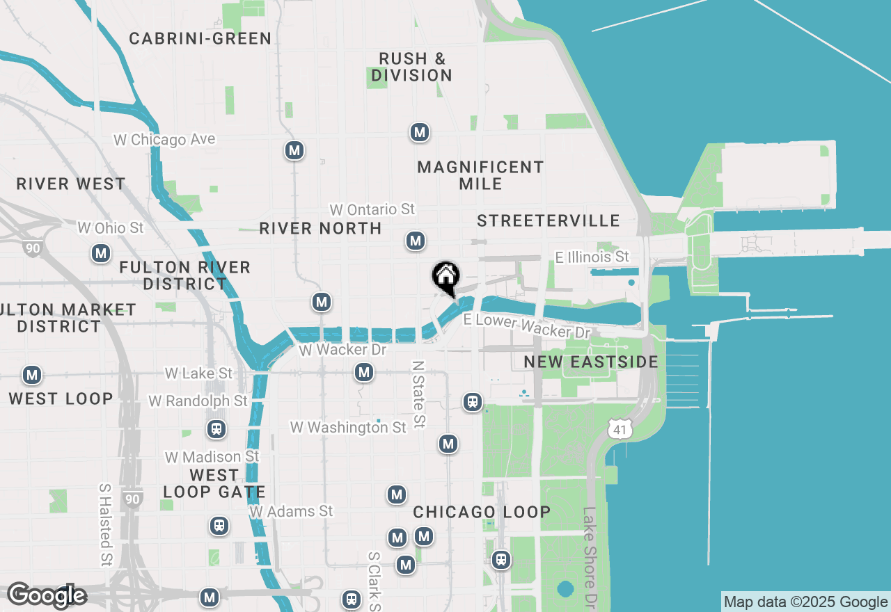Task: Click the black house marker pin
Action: [445, 277]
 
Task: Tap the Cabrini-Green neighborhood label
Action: [200, 38]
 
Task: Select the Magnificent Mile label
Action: [480, 175]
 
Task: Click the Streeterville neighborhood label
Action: [549, 220]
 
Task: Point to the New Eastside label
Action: [591, 362]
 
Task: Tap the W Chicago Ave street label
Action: [164, 140]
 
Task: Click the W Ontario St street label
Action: [372, 209]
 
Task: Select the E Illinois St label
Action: [592, 257]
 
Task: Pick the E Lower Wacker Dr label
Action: [527, 325]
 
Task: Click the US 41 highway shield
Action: [620, 429]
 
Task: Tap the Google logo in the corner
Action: [47, 595]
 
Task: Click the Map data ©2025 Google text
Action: [805, 602]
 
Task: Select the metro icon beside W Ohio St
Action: [102, 253]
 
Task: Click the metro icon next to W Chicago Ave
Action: [294, 150]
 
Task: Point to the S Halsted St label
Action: [105, 524]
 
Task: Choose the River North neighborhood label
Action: [320, 228]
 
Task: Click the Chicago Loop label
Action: [482, 512]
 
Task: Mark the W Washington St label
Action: [348, 427]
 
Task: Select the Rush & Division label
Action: [411, 67]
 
